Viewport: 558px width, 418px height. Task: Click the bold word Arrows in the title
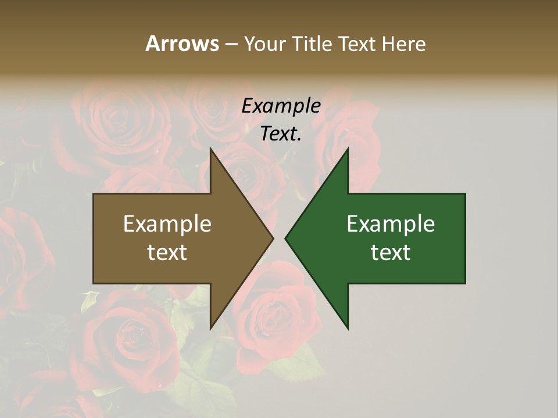coord(182,44)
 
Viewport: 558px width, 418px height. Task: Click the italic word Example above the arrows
coord(281,106)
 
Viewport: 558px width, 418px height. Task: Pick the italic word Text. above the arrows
coord(281,134)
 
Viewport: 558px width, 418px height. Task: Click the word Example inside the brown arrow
coord(167,224)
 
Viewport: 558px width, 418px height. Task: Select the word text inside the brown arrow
coord(167,253)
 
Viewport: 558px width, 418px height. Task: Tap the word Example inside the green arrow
coord(391,224)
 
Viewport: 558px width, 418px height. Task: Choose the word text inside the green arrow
coord(391,253)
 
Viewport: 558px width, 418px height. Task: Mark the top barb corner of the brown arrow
coord(210,149)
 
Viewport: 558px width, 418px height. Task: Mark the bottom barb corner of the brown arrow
coord(210,328)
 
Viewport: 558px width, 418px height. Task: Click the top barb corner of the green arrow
coord(348,149)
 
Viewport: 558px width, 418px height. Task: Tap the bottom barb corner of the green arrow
coord(348,328)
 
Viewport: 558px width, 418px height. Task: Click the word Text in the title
coord(359,44)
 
